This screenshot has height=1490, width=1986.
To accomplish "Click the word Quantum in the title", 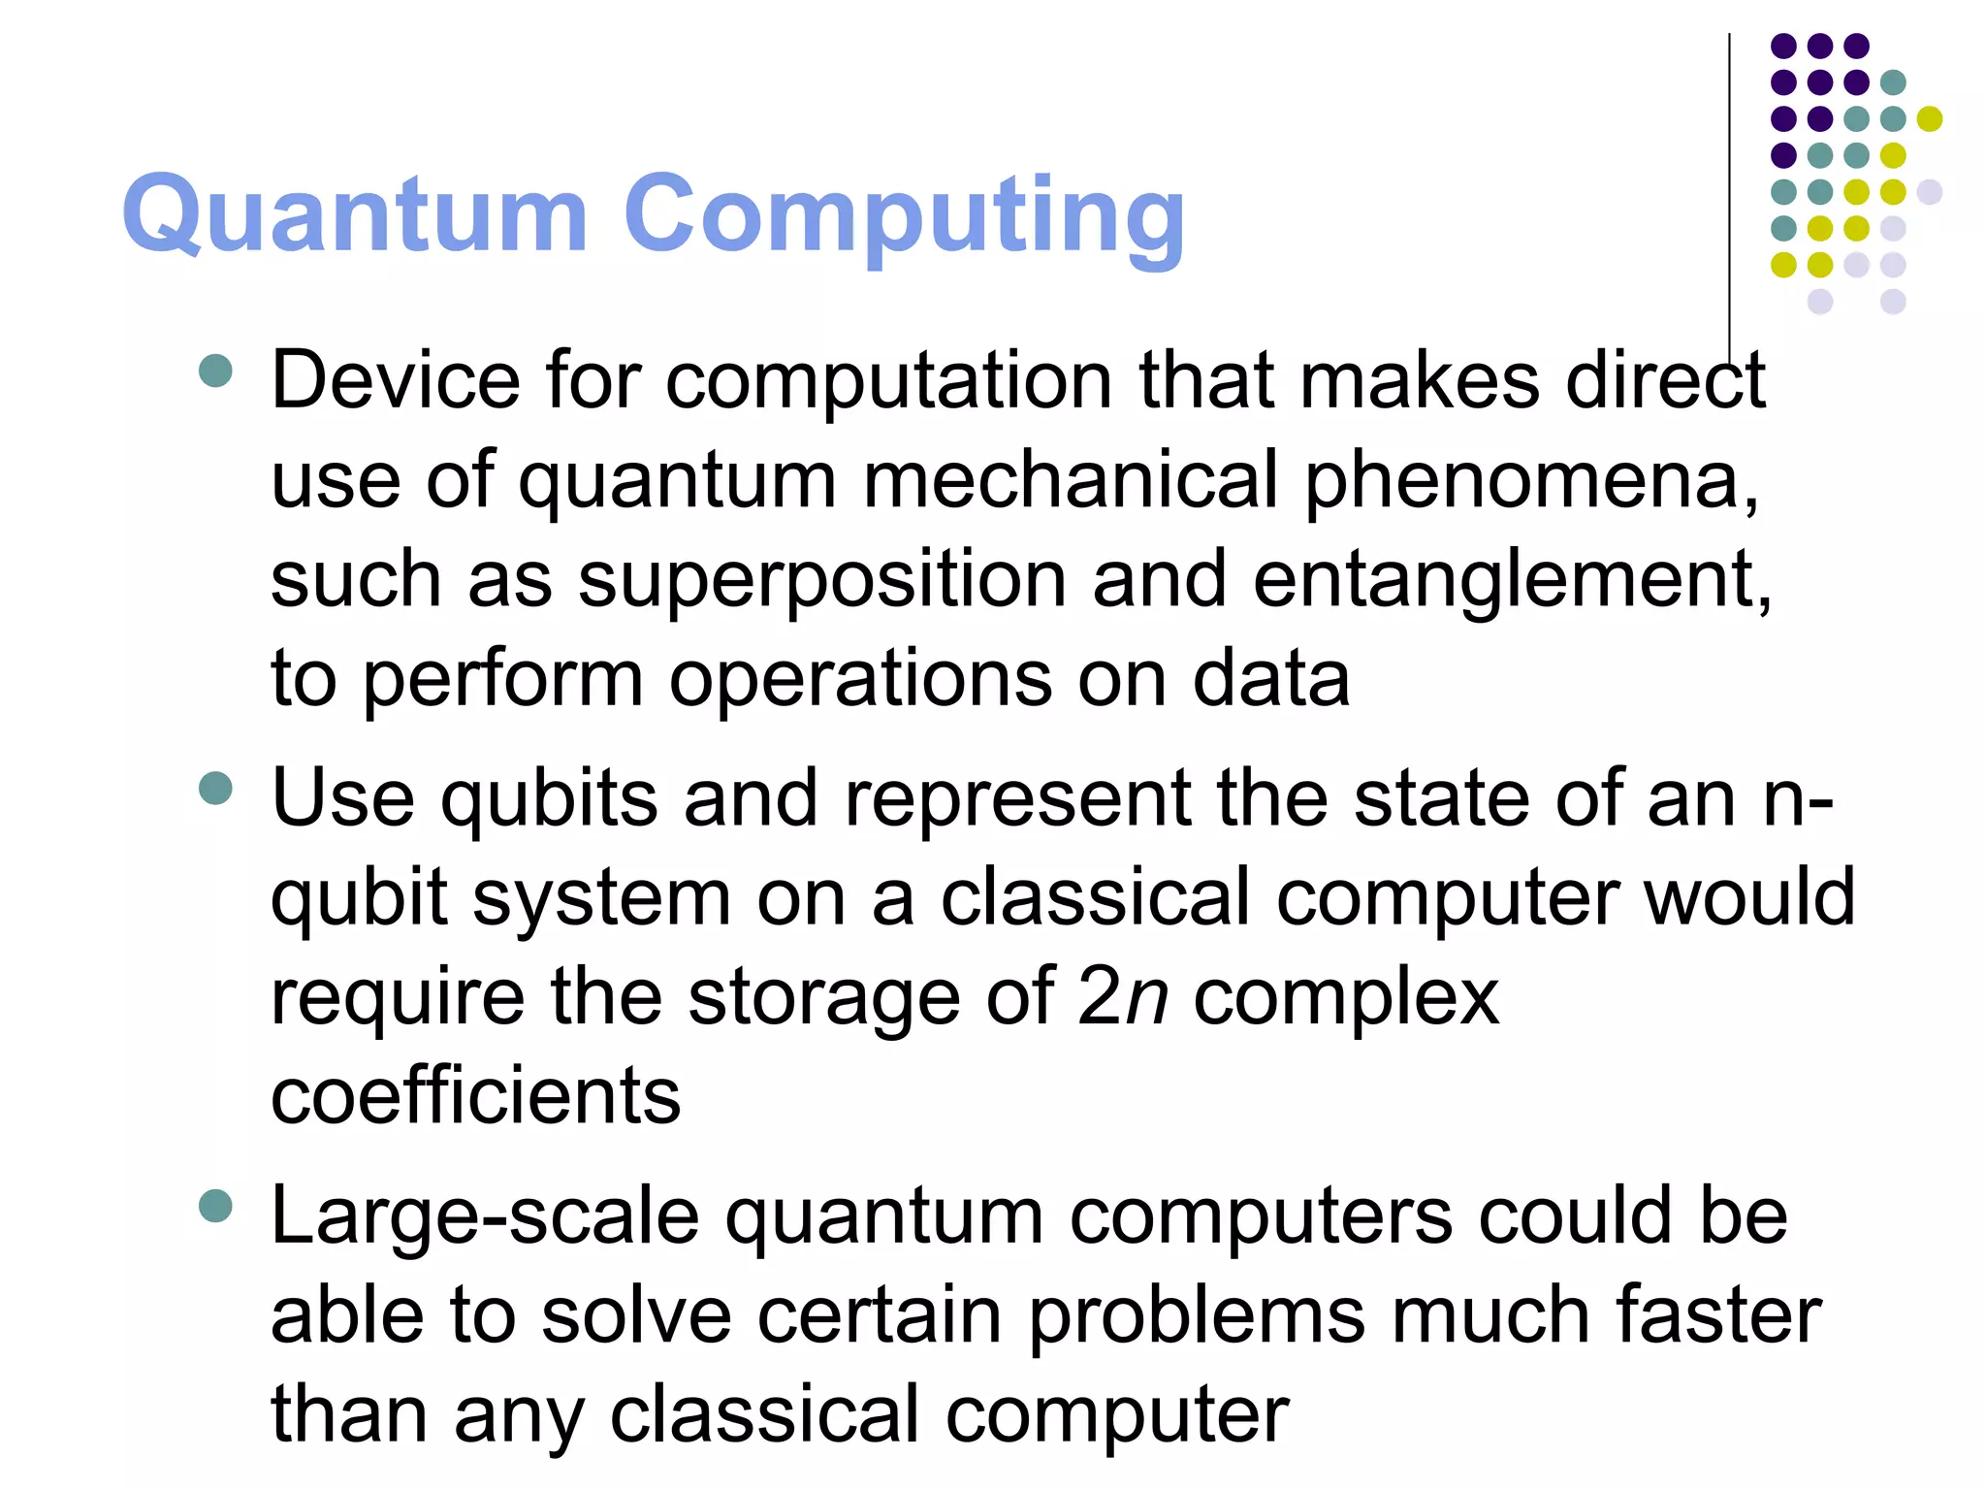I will pos(355,215).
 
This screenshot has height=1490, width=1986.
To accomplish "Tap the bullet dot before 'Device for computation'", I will pos(215,371).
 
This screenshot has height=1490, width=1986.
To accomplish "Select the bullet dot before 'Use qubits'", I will pos(215,788).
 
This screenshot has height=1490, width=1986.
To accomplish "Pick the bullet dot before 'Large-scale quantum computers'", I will pos(215,1207).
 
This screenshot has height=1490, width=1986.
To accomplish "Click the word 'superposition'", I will pos(822,580).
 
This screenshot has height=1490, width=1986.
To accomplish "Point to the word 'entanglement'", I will pos(1511,580).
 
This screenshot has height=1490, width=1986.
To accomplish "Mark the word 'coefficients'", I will pos(475,1096).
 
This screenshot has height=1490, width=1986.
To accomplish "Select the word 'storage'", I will pos(824,999).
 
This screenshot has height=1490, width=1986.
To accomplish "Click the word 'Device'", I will pos(396,380).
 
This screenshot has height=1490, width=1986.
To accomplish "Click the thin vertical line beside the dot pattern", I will pos(1729,194).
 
